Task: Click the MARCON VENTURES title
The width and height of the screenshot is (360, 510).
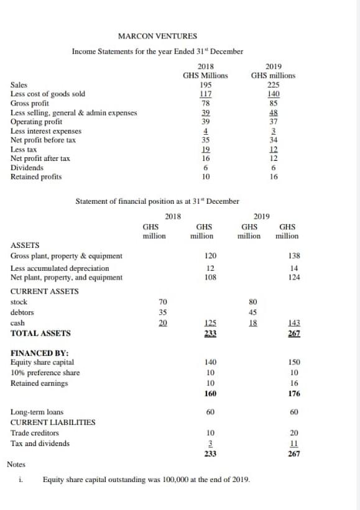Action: (x=157, y=36)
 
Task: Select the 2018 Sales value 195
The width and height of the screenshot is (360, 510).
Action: (x=205, y=85)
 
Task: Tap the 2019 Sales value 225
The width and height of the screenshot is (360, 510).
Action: (x=273, y=85)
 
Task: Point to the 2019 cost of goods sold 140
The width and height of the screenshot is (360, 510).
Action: (x=273, y=94)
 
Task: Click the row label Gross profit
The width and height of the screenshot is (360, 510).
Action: (x=30, y=103)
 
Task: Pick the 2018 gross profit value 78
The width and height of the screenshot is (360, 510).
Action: (x=205, y=103)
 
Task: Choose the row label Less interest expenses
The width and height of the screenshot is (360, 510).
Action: (x=46, y=131)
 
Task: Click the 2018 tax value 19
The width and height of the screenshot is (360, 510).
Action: (x=205, y=150)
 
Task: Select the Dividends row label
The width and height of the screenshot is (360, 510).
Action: (x=27, y=168)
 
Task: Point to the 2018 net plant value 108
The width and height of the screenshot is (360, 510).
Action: (x=210, y=278)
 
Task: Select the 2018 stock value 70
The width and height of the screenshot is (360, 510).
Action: (x=164, y=302)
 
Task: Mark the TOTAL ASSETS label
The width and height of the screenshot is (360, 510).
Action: (x=40, y=334)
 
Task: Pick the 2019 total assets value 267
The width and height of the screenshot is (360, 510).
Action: (x=294, y=334)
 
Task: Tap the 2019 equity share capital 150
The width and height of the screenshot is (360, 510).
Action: (x=294, y=362)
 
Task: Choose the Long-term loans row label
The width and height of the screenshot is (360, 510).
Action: (x=37, y=412)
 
